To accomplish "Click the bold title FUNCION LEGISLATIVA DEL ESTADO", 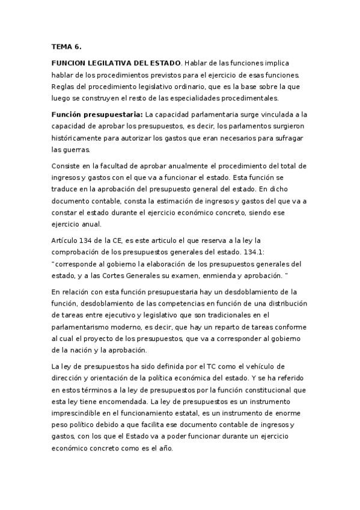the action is [116, 63].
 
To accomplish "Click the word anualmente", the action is [158, 165].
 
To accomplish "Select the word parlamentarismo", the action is [85, 327].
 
